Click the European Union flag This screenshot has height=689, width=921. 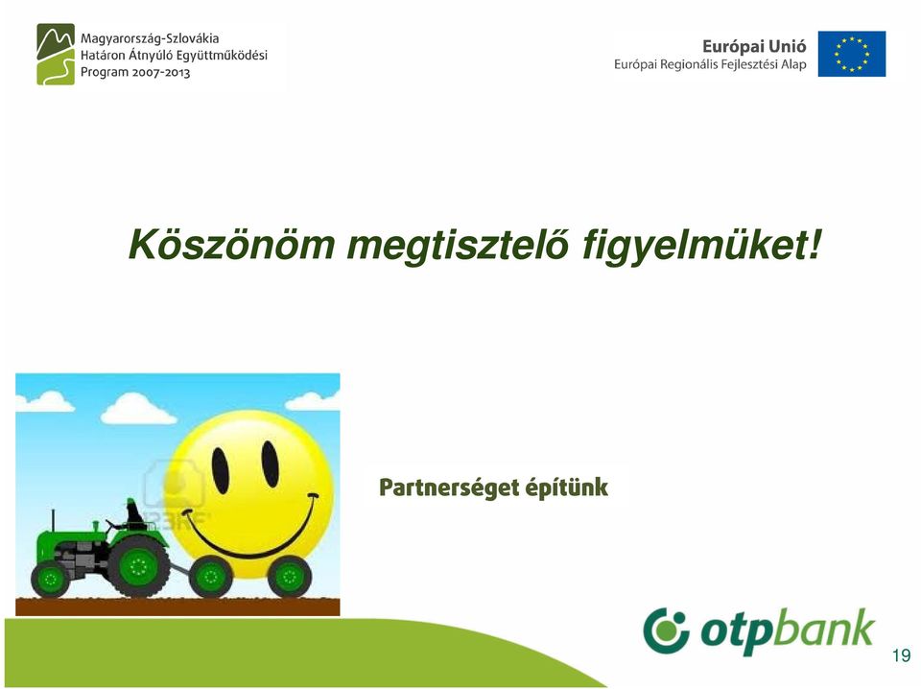pos(852,54)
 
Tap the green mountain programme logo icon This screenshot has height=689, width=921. pos(56,54)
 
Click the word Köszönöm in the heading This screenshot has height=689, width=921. pos(232,245)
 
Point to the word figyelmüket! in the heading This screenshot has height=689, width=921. pos(702,246)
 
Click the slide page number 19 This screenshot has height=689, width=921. pos(901,654)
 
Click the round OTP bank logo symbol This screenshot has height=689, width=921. pos(666,630)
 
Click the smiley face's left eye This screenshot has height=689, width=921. pos(221,470)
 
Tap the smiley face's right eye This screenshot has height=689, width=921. pos(271,464)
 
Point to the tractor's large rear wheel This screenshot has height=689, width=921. pos(138,566)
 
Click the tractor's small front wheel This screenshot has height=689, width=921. pos(51,580)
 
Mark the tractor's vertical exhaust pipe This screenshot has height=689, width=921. pos(53,520)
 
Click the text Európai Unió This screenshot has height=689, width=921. pos(754,46)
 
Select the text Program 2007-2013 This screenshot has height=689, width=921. pos(135,72)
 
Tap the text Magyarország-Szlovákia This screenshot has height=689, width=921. pos(150,38)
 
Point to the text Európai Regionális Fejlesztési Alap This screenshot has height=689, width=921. pos(710,64)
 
